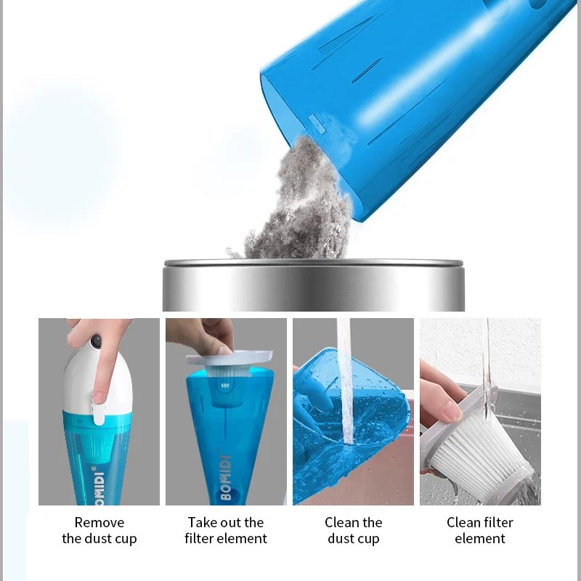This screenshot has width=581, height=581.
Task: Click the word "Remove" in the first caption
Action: [x=99, y=522]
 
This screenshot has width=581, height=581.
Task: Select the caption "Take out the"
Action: [x=226, y=522]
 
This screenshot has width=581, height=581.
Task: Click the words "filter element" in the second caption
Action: [x=226, y=538]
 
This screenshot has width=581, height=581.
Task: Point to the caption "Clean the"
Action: [x=353, y=522]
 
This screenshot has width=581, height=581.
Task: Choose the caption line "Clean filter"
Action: [x=480, y=522]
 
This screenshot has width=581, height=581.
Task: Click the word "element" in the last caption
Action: [x=480, y=538]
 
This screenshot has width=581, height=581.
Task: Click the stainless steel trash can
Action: [x=314, y=285]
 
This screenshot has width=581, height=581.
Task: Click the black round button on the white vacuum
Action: [x=97, y=341]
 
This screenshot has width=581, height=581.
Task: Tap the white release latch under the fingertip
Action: [x=99, y=410]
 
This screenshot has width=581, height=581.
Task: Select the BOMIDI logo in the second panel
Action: [x=226, y=477]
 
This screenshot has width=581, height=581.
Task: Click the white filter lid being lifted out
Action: [x=229, y=358]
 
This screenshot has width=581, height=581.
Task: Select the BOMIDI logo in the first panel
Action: [x=99, y=485]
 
